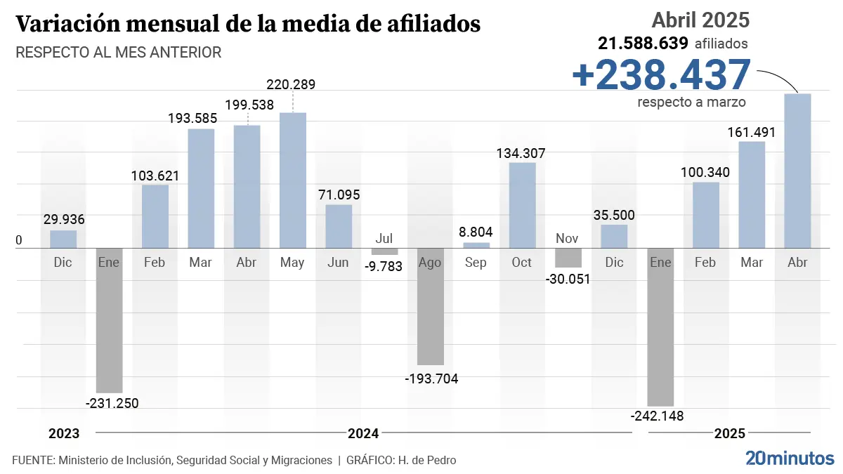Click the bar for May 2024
(x=292, y=180)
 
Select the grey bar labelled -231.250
(x=109, y=320)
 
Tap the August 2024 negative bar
(x=431, y=306)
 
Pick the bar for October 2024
(x=522, y=205)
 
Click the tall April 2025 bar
(x=797, y=171)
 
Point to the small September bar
(x=476, y=245)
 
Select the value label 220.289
(x=291, y=85)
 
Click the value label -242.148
(x=658, y=416)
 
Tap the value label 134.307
(x=521, y=153)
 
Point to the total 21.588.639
(x=643, y=44)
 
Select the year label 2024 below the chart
(x=363, y=433)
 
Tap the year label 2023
(x=64, y=433)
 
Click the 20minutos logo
(x=790, y=459)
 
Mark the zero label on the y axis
(x=19, y=240)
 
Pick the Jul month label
(x=384, y=238)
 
